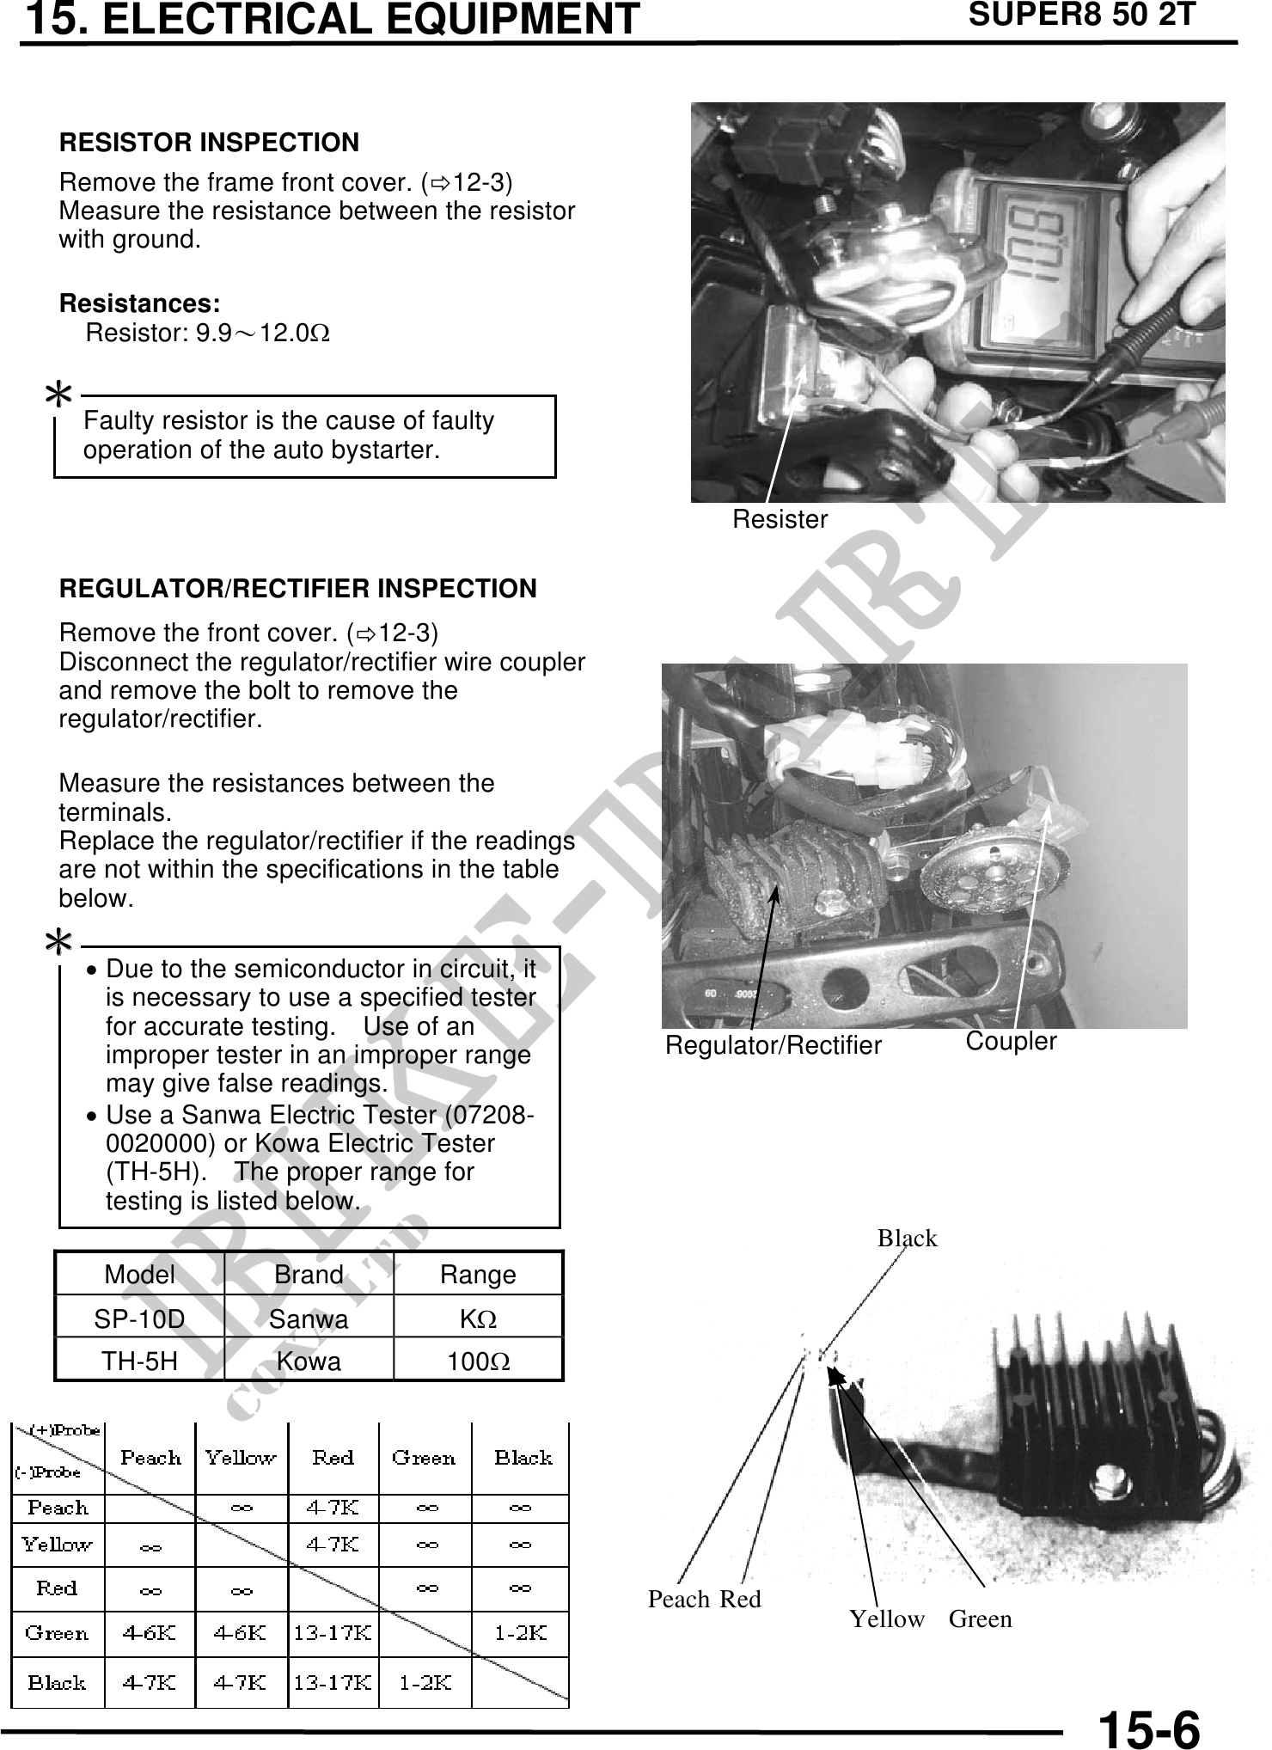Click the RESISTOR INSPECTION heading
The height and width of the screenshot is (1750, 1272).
click(x=209, y=143)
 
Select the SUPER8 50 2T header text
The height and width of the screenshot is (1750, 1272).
click(x=1081, y=15)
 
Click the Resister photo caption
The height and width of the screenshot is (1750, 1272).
click(x=780, y=519)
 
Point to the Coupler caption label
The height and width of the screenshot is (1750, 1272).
click(x=1011, y=1041)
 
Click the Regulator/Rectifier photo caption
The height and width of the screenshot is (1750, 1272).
click(x=774, y=1045)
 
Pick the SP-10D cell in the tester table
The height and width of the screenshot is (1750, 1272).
click(x=139, y=1319)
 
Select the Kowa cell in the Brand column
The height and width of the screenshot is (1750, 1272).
click(x=309, y=1361)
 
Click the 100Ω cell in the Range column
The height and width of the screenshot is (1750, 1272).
click(x=478, y=1361)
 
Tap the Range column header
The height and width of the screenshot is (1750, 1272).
click(x=478, y=1275)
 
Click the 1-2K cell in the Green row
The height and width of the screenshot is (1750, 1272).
click(x=521, y=1633)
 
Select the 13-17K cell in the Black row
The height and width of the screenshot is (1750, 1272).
click(x=333, y=1683)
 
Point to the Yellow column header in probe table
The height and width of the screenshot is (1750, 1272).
click(x=241, y=1458)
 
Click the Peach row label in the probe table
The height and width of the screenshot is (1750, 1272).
click(x=58, y=1508)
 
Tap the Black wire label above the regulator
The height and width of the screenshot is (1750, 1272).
click(x=907, y=1239)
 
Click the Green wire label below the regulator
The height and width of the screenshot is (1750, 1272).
click(x=980, y=1619)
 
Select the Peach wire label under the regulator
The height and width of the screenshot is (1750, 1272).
click(x=678, y=1600)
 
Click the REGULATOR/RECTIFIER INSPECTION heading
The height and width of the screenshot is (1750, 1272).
click(x=297, y=590)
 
